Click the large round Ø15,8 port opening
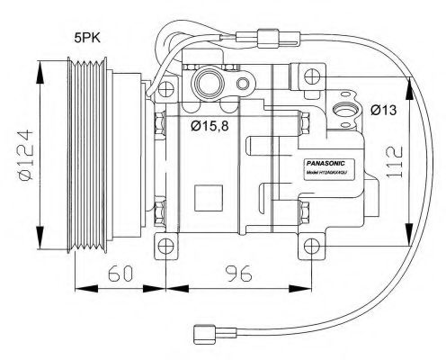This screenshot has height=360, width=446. point(206,85)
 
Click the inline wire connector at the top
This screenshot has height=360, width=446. point(267,40)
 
